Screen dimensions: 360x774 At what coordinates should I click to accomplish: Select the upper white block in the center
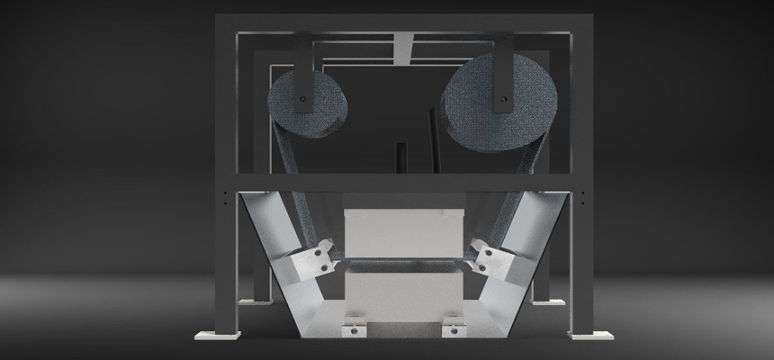(x=404, y=231)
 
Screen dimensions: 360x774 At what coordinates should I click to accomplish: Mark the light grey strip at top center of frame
(x=404, y=41)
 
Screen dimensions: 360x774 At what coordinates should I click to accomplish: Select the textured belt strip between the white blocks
(x=404, y=266)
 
